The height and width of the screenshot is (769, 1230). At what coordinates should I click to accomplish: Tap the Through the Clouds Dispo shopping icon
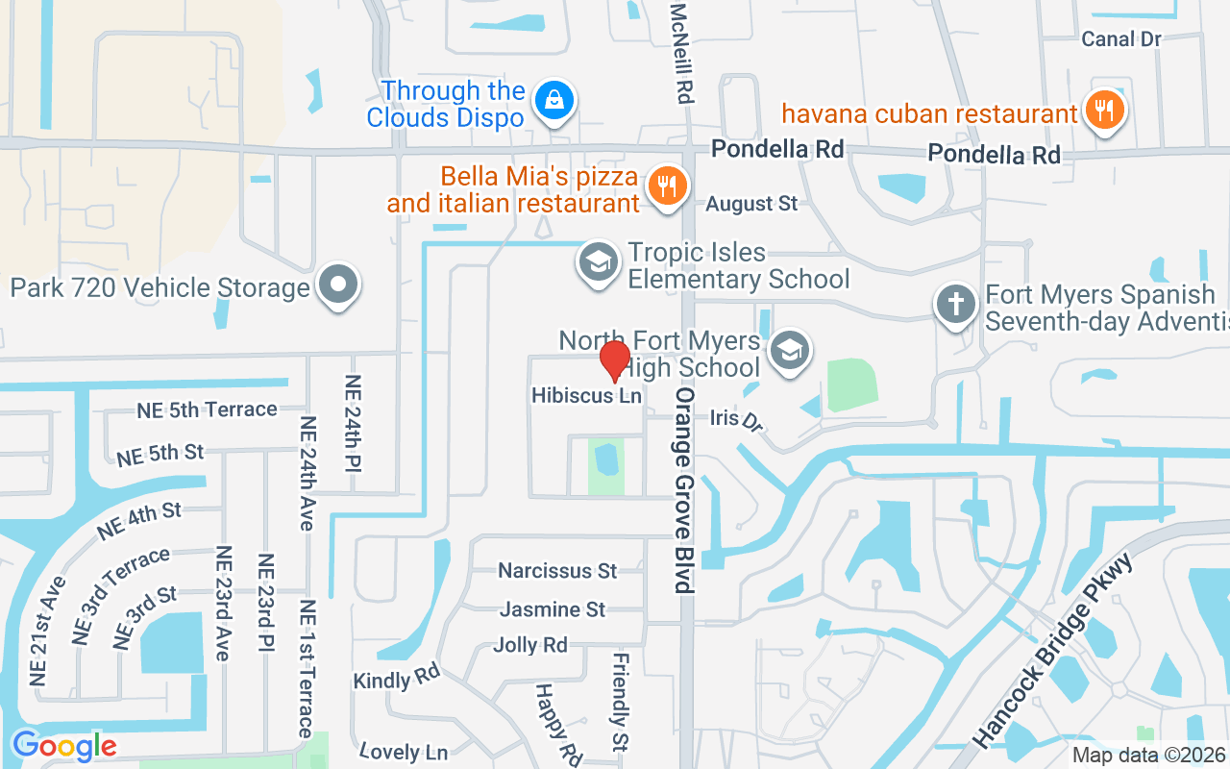coord(554,99)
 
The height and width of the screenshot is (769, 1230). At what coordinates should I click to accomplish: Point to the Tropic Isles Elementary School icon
coord(598,261)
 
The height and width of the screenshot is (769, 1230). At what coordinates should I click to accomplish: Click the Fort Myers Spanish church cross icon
coord(956,305)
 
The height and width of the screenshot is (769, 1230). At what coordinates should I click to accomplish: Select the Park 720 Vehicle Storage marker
coord(337,285)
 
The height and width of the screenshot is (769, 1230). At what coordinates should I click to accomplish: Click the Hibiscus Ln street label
coord(586,395)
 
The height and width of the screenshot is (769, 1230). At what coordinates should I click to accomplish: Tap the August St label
coord(752,204)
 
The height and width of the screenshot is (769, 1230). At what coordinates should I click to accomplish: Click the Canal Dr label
coord(1121,38)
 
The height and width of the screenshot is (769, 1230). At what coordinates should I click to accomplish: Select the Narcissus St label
coord(557,571)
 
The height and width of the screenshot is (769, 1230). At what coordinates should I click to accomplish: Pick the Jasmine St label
coord(553,609)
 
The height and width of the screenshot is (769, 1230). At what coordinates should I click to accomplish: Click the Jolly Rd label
coord(530,645)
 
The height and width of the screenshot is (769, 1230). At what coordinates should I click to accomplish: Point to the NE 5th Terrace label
coord(207,410)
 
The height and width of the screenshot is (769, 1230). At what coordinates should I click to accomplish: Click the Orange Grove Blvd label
coord(683,490)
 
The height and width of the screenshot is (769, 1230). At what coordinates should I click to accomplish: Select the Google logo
coord(64,745)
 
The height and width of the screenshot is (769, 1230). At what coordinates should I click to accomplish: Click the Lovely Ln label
coord(404,751)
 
